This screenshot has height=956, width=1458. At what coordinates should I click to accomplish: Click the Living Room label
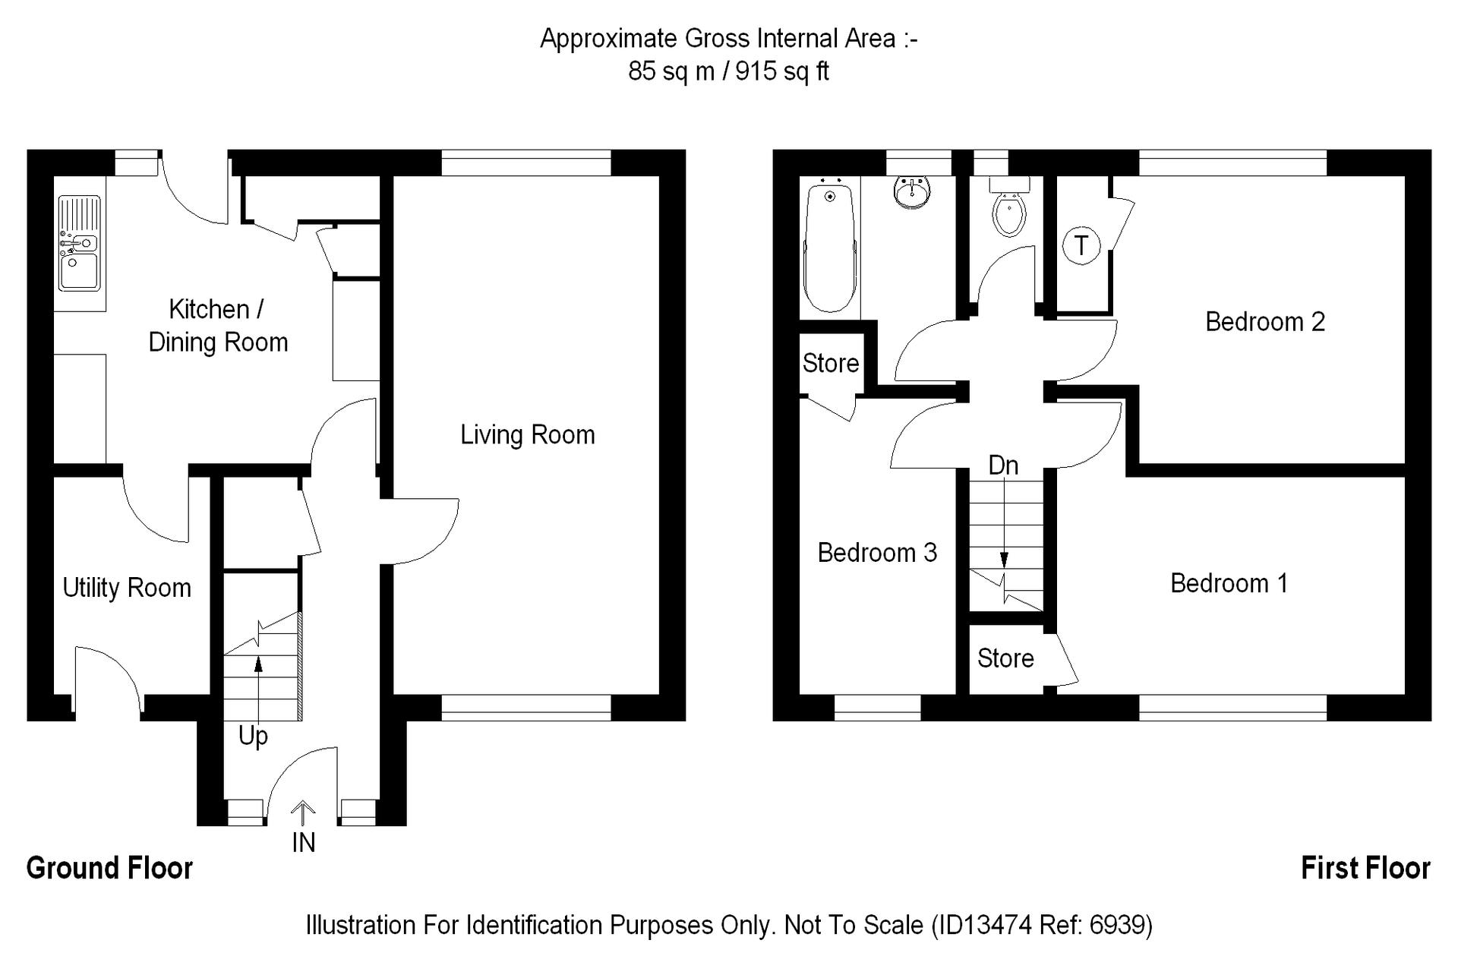point(528,435)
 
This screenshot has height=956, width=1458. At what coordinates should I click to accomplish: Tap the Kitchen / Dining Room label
point(218,326)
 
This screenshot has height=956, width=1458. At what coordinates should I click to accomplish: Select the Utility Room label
point(127,588)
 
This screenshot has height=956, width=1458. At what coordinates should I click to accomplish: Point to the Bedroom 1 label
point(1229,583)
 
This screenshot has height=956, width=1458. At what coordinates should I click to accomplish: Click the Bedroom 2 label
point(1265,322)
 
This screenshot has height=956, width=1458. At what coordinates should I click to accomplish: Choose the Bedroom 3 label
point(877,553)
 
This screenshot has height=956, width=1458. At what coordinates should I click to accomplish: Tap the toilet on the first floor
point(1009,207)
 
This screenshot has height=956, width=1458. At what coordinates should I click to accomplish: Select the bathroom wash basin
point(911,192)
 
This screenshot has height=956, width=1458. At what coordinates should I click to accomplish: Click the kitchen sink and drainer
point(80,243)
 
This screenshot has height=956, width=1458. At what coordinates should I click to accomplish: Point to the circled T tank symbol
point(1081,245)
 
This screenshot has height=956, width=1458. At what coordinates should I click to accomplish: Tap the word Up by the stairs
point(253,737)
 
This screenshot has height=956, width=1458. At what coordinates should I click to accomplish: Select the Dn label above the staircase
point(1003,465)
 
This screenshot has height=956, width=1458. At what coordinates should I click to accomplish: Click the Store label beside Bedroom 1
point(1005,658)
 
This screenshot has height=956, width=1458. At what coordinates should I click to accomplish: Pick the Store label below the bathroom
point(831,363)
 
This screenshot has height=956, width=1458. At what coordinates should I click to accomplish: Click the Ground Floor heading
point(109,868)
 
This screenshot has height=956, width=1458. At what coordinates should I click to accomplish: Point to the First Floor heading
point(1365,868)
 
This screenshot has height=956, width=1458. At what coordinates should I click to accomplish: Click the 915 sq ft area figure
point(782,71)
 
